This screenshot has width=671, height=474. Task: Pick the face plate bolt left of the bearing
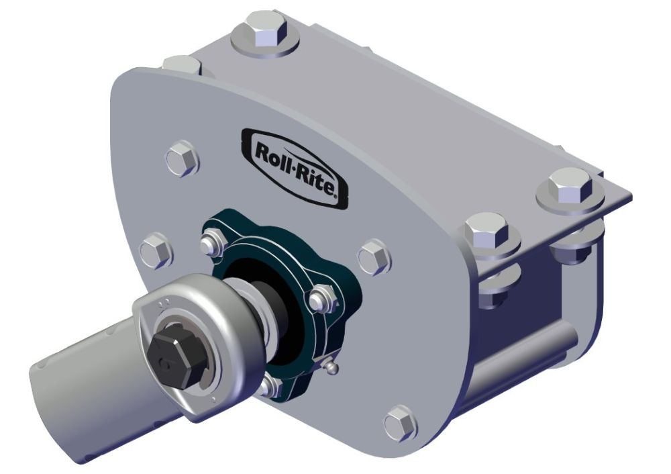pos(156,250)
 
